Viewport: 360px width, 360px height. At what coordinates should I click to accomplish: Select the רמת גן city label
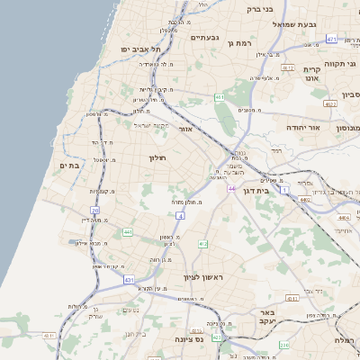[x=243, y=42]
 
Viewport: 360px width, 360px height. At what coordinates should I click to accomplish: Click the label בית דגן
[x=257, y=190]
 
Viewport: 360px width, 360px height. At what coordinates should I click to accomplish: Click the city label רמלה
[x=346, y=339]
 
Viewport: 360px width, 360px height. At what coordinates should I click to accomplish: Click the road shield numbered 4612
[x=288, y=67]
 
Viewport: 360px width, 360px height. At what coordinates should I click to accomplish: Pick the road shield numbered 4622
[x=330, y=104]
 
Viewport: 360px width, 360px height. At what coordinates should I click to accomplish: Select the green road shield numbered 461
[x=220, y=96]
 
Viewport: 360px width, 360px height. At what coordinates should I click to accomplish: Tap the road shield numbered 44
[x=231, y=188]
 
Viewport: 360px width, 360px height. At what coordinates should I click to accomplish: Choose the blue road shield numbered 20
[x=94, y=211]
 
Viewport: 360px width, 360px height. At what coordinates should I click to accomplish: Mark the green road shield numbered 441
[x=127, y=232]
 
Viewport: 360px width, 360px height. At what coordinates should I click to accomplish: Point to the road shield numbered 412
[x=202, y=244]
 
